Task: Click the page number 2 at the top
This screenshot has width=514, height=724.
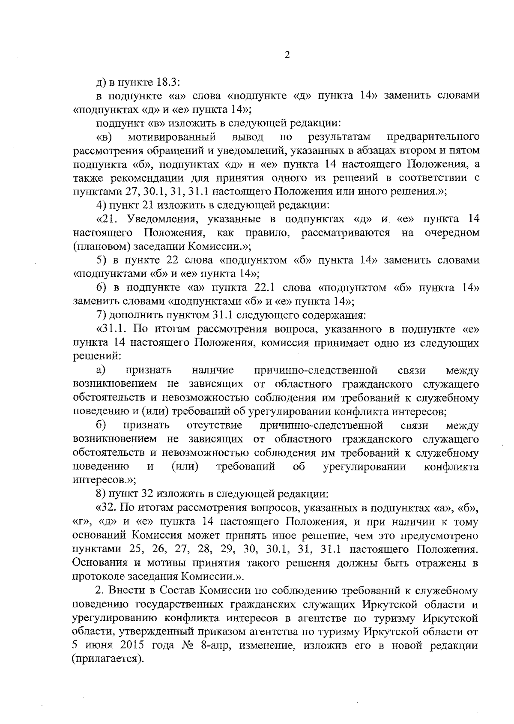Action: [x=287, y=55]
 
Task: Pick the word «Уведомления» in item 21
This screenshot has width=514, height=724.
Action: [x=162, y=219]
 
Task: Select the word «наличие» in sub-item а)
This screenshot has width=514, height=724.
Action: [x=213, y=370]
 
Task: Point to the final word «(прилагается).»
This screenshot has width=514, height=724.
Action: [x=108, y=660]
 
